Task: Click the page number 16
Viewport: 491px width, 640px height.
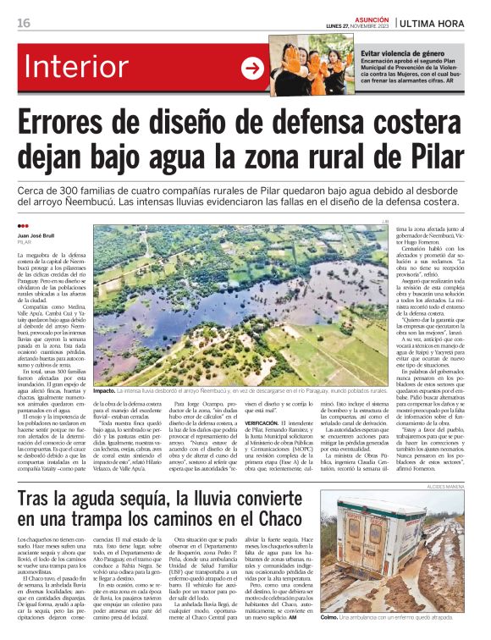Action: pos(23,23)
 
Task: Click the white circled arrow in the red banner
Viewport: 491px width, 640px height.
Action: pos(252,69)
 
